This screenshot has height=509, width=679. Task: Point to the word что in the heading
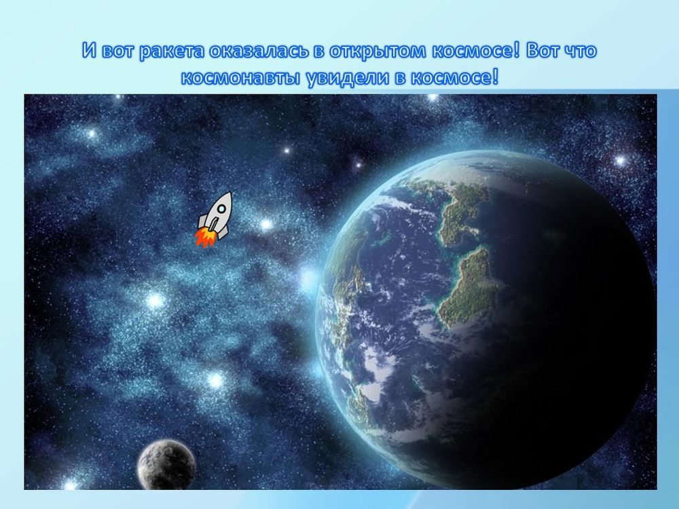coord(581,52)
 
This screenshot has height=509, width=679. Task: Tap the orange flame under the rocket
coord(204,238)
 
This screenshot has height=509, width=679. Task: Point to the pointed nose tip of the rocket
coord(230,193)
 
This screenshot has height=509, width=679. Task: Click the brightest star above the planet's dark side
coord(619,160)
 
